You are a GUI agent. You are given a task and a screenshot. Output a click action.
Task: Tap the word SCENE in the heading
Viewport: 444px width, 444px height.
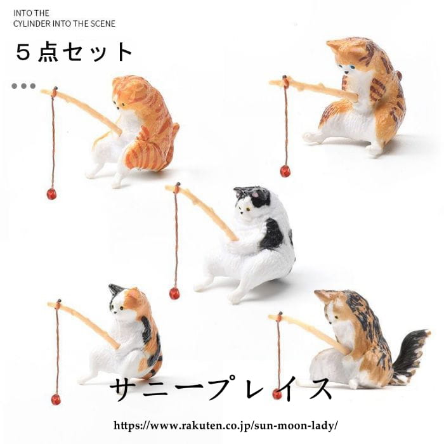coord(103,23)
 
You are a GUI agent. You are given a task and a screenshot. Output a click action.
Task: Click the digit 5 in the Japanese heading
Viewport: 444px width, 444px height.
coord(23,53)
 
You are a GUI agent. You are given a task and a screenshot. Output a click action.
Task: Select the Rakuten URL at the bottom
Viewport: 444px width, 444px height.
coord(226,425)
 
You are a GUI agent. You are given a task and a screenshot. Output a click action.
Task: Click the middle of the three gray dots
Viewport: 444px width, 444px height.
coord(24,86)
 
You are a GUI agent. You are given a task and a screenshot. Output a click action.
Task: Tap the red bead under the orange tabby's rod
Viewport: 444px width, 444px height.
coord(51,194)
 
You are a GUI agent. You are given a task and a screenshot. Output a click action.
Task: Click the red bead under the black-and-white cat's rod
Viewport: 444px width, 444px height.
coord(174,293)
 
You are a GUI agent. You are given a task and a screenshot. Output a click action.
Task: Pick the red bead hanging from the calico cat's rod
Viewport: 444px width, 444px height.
coord(56,399)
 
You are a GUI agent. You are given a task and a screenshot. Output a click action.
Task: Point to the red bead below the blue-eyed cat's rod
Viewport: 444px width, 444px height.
coord(285,171)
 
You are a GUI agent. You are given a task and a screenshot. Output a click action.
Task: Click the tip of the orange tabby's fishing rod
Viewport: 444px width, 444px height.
coord(42,91)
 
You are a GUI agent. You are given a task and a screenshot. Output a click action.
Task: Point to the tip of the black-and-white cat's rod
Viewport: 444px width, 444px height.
coord(167,187)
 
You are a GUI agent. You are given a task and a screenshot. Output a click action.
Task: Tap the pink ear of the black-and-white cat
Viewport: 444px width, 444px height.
coord(256,194)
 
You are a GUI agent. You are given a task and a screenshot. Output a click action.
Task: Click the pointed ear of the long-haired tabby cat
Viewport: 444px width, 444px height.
coord(322,296)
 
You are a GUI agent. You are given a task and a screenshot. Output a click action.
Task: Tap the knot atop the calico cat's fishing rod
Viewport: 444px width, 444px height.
coord(58,302)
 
